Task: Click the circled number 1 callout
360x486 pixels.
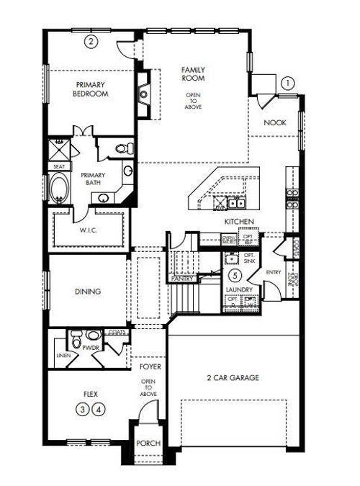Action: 288,83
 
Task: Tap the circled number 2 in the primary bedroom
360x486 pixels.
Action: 91,41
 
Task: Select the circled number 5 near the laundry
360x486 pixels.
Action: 235,275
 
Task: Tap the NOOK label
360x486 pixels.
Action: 274,122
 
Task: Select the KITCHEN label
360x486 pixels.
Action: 240,222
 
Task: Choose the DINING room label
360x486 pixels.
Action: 87,292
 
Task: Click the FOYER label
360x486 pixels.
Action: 150,366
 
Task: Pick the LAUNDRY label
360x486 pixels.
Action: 238,289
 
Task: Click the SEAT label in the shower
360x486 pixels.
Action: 58,166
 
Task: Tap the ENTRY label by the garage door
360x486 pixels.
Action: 274,272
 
